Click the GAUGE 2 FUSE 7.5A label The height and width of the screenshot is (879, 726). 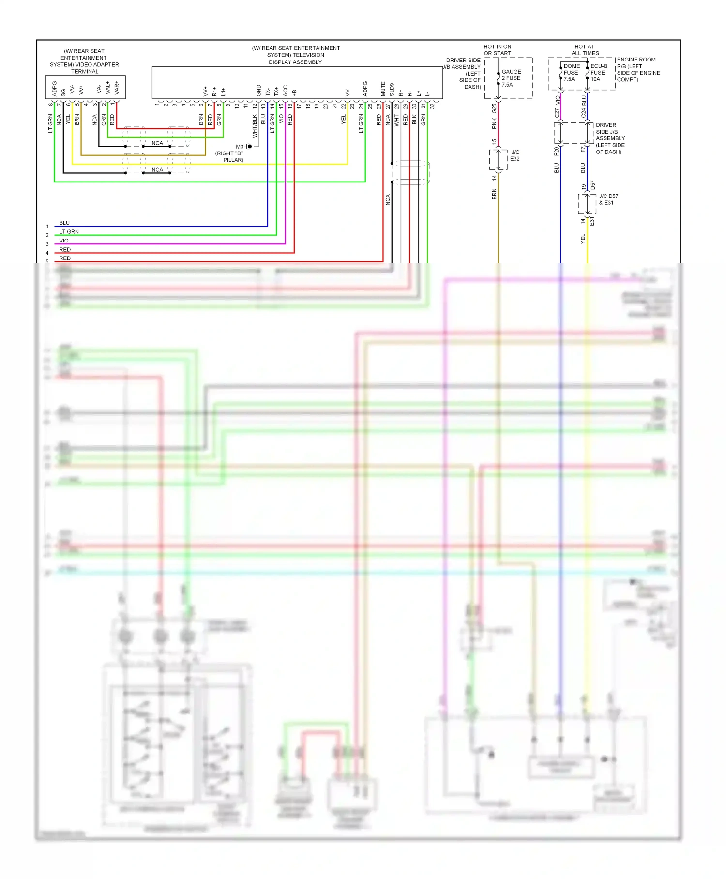pyautogui.click(x=511, y=78)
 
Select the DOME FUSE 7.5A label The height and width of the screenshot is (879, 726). pyautogui.click(x=571, y=73)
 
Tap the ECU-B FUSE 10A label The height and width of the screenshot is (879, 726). pyautogui.click(x=598, y=73)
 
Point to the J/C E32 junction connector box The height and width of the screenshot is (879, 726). pyautogui.click(x=498, y=159)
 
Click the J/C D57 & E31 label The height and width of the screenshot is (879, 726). pyautogui.click(x=608, y=199)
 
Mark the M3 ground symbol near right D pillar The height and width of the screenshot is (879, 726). pyautogui.click(x=248, y=146)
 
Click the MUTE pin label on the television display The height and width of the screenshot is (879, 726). pyautogui.click(x=383, y=89)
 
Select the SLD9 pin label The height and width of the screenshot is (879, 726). pyautogui.click(x=392, y=90)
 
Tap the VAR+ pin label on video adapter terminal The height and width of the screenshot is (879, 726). pyautogui.click(x=117, y=88)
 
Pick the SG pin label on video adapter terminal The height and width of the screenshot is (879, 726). pyautogui.click(x=63, y=91)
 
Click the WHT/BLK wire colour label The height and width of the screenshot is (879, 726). pyautogui.click(x=255, y=126)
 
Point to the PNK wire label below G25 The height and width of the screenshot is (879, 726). pyautogui.click(x=494, y=124)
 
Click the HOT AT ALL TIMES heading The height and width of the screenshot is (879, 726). pyautogui.click(x=585, y=50)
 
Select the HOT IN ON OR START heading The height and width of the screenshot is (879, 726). pyautogui.click(x=497, y=50)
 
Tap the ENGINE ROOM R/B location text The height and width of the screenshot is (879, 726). pyautogui.click(x=638, y=70)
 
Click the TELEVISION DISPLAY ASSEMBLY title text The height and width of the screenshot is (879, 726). pyautogui.click(x=296, y=55)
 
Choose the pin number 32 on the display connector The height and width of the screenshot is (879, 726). pyautogui.click(x=432, y=105)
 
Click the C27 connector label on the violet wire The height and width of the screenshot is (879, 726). pyautogui.click(x=557, y=113)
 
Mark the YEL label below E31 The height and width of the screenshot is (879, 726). pyautogui.click(x=583, y=239)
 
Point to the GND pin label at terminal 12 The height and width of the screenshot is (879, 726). pyautogui.click(x=258, y=90)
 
